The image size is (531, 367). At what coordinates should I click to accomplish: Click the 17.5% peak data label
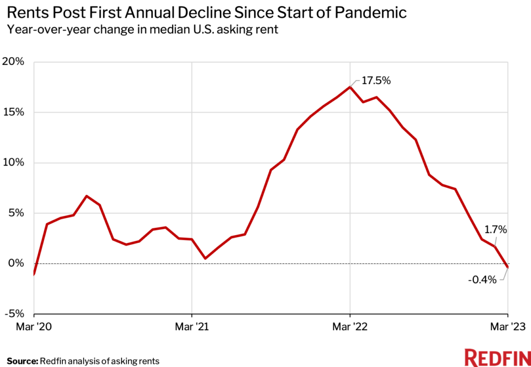[x=376, y=81]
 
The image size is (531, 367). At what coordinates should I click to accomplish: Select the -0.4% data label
[x=483, y=280]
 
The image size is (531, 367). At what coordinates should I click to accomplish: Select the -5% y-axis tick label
[x=15, y=314]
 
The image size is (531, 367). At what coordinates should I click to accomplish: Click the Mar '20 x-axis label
[x=34, y=327]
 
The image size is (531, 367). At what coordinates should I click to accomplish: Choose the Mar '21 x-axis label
[x=192, y=327]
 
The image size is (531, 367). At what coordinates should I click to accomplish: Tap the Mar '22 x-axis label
[x=350, y=327]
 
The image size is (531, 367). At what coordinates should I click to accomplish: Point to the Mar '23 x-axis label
[x=507, y=327]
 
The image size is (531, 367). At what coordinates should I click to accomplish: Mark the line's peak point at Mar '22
[x=350, y=87]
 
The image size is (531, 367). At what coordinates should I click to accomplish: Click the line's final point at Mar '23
[x=507, y=267]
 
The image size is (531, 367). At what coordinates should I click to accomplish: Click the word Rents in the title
[x=24, y=13]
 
